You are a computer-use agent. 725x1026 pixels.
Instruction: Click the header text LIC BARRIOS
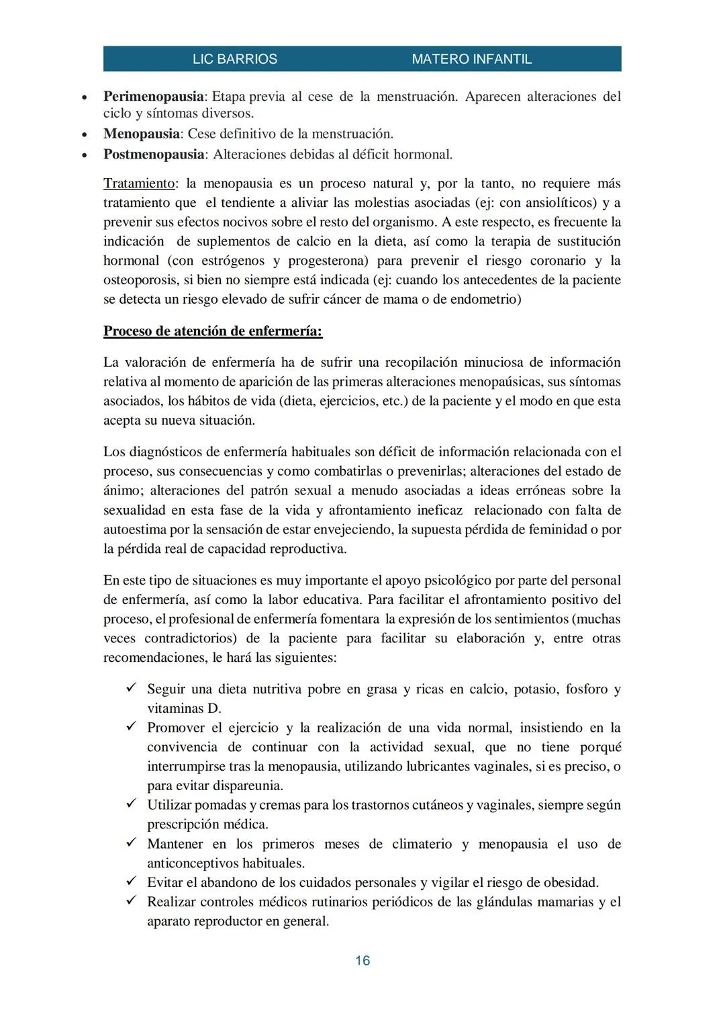pyautogui.click(x=234, y=59)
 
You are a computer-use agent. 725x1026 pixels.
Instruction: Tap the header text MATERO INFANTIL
pyautogui.click(x=471, y=59)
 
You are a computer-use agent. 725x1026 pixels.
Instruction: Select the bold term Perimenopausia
pyautogui.click(x=153, y=97)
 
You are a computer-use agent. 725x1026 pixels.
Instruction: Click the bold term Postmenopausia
pyautogui.click(x=154, y=155)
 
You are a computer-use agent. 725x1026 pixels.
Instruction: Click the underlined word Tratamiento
pyautogui.click(x=139, y=183)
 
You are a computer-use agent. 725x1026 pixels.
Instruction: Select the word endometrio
pyautogui.click(x=481, y=299)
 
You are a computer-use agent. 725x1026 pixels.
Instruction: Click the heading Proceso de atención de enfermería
pyautogui.click(x=213, y=331)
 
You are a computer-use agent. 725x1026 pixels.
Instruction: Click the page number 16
pyautogui.click(x=362, y=961)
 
